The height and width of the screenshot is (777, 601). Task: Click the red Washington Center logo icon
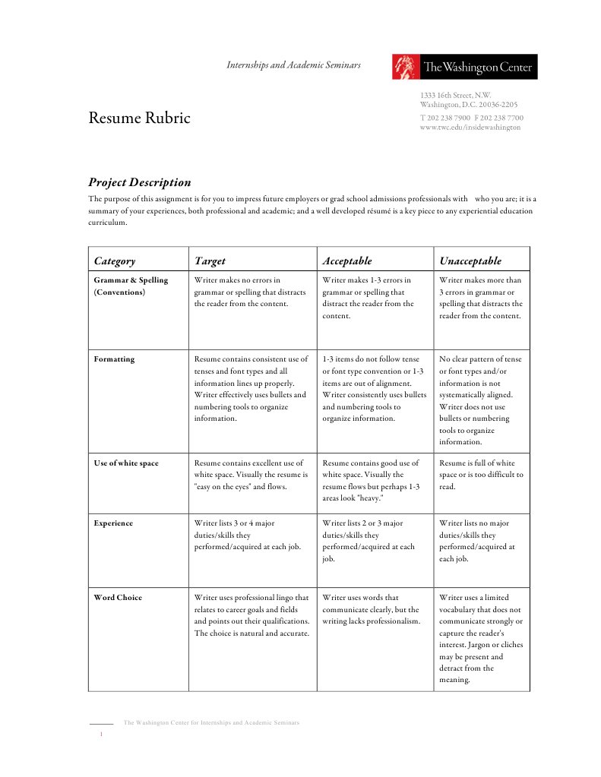coord(406,67)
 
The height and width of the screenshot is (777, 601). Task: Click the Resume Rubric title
coord(139,118)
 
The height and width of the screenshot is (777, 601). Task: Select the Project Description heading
coord(139,182)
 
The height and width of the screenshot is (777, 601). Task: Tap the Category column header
coord(115,261)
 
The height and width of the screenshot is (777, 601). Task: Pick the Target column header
coord(210,261)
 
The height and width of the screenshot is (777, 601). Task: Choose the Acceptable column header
coord(346,261)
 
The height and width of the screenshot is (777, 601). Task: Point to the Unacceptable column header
coord(470,261)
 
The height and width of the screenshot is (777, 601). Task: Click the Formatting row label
coord(114,359)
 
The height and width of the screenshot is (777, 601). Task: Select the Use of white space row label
coord(126,463)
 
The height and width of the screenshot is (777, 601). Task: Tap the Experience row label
coord(113,523)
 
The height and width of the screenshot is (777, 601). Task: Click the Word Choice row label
coord(118,598)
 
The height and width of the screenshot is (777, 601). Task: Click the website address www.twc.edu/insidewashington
coord(470,128)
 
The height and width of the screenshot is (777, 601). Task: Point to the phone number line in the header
coord(471,118)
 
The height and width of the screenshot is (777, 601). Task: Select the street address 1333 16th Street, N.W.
coord(456,95)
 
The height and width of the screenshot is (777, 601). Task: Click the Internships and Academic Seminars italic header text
coord(293,65)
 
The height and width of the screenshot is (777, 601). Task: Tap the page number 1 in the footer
coord(101,735)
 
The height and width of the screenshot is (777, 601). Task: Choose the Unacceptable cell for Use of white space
coord(481,475)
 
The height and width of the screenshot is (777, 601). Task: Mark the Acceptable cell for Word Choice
coord(371,609)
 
